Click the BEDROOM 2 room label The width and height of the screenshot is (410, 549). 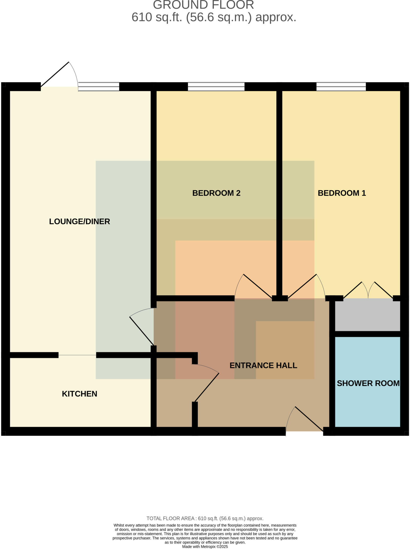click(216, 193)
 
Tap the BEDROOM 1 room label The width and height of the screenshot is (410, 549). click(342, 193)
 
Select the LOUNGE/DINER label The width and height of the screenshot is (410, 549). click(80, 221)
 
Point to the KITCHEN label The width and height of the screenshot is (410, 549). click(80, 394)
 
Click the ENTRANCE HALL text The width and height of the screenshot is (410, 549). click(263, 365)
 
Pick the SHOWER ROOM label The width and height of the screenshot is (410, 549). click(368, 383)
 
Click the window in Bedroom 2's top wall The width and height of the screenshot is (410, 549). click(216, 87)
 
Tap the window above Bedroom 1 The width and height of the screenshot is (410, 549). click(341, 87)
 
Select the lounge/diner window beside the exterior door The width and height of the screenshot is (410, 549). click(99, 87)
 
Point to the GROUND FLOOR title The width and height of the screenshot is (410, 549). click(204, 5)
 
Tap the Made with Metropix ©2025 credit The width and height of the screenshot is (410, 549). click(205, 547)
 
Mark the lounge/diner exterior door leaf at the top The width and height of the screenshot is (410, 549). click(55, 74)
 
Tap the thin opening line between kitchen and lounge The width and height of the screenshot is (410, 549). click(77, 355)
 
